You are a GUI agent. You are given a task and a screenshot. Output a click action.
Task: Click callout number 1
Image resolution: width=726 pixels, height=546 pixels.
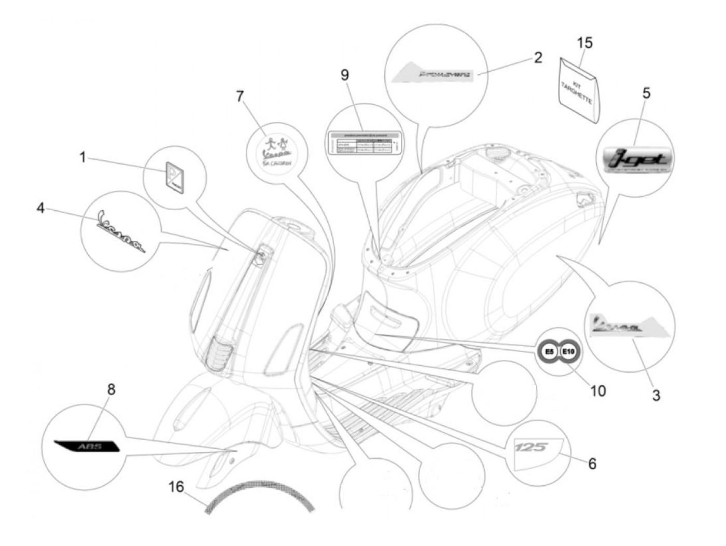click(x=82, y=157)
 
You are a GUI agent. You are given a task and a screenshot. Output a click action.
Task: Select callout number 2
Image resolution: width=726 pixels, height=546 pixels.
click(x=538, y=57)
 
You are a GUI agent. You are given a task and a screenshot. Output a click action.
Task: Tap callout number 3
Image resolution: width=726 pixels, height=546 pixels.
click(x=656, y=395)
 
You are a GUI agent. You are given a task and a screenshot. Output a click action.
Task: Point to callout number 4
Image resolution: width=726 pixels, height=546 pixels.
click(x=40, y=208)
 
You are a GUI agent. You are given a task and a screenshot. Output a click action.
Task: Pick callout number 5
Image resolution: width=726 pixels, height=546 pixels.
click(x=646, y=93)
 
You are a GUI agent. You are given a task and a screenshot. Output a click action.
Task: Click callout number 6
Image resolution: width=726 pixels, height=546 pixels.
click(x=592, y=463)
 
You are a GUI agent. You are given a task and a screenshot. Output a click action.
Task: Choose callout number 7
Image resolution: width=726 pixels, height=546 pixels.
click(x=240, y=97)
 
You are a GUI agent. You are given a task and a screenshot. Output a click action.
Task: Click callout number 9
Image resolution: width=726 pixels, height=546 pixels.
click(x=344, y=75)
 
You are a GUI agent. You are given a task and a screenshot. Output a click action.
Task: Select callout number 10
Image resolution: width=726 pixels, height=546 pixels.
click(x=597, y=390)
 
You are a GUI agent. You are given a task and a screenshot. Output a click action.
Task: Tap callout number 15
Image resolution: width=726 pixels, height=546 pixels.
click(x=584, y=43)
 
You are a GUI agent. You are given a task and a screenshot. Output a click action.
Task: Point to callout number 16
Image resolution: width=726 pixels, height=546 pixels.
click(x=176, y=487)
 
